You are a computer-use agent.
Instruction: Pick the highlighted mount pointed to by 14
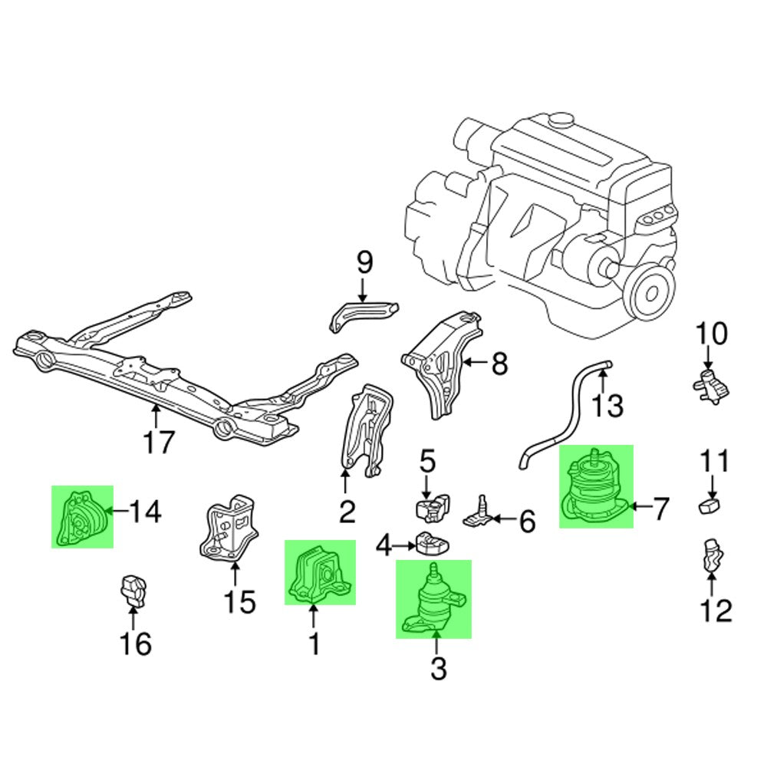82,517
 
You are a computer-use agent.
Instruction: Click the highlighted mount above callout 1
320,573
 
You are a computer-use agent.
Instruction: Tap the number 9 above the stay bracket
365,263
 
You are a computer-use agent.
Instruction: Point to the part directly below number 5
430,509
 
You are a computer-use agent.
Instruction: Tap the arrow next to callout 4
404,546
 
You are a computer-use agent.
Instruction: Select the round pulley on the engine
652,293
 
